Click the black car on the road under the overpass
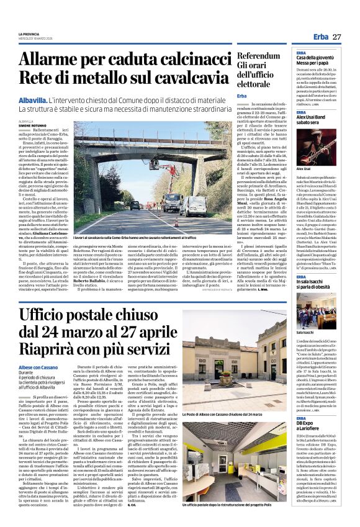click(135, 204)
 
